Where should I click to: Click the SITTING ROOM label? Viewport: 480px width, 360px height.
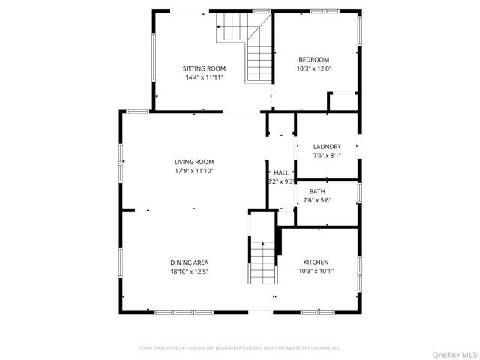coord(204,68)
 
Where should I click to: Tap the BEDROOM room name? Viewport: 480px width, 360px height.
coord(314,60)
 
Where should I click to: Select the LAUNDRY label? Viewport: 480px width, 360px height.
coord(327,147)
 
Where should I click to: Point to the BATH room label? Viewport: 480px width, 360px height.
coord(327,191)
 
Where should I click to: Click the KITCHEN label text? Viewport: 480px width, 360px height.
coord(316,262)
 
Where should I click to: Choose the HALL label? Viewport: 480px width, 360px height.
coord(281,172)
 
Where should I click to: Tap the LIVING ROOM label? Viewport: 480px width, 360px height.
coord(194,162)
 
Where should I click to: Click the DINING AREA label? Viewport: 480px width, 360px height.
coord(188,262)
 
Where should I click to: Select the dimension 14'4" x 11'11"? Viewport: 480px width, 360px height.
coord(204,77)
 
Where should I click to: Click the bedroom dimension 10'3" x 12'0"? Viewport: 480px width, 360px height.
coord(314,69)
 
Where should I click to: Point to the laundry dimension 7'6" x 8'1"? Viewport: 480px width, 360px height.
coord(327,156)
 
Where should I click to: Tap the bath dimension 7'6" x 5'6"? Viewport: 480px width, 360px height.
coord(327,200)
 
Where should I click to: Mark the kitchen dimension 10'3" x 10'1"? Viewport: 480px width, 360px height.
coord(316,271)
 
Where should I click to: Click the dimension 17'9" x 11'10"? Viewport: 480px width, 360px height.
coord(194,171)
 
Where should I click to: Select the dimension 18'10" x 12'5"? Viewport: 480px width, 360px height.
coord(188,271)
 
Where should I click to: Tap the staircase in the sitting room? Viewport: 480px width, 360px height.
coord(252,45)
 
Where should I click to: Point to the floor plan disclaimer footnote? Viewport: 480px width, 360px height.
coord(240,348)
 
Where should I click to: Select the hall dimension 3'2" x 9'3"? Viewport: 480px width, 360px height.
coord(281,181)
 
